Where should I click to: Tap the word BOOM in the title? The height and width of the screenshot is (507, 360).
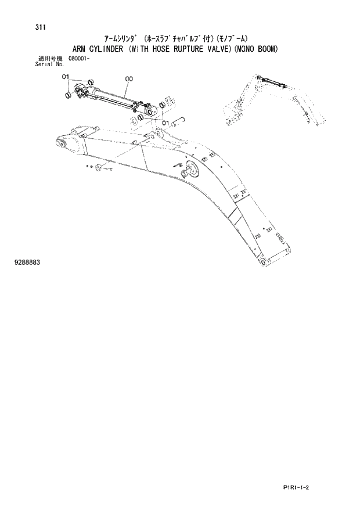(265, 49)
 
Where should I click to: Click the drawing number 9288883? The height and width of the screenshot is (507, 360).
(27, 263)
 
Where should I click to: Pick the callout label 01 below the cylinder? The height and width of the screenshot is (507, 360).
(165, 123)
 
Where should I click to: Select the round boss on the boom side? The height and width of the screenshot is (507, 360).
(190, 171)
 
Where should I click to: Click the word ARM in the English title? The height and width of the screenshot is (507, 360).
(80, 49)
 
